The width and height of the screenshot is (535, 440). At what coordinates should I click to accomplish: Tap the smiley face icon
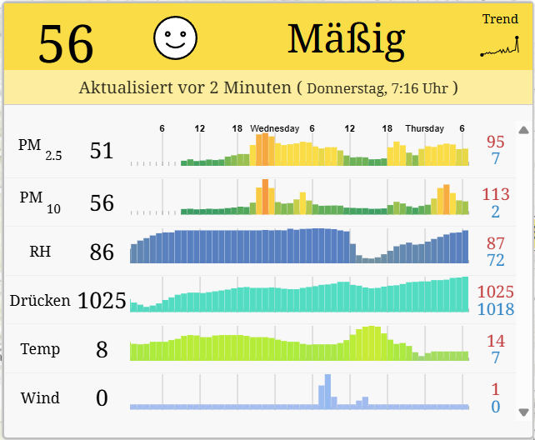pos(175,37)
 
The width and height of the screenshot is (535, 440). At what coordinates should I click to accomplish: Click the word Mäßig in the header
pos(346,37)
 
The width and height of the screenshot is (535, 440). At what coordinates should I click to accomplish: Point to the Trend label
pos(500,19)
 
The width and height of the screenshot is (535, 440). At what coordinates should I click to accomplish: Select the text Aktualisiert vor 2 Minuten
pos(185,87)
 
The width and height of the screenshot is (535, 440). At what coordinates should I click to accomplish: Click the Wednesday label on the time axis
pos(275,128)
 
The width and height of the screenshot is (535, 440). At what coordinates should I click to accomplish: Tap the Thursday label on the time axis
pos(425,128)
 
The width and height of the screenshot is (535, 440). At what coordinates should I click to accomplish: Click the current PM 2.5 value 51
pos(102,151)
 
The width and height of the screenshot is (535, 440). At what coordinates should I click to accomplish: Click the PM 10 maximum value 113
pos(496,194)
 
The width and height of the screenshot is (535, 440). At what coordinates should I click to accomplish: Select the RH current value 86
pos(102,251)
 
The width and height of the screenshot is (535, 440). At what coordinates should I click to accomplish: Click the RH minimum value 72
pos(496,260)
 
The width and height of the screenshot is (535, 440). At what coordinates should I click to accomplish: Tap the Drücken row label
pos(40,300)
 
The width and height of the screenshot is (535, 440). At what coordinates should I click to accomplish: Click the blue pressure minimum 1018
pos(496,309)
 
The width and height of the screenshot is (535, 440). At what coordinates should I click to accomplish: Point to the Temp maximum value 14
pos(496,340)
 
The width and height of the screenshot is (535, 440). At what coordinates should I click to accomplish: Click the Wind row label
pos(40,398)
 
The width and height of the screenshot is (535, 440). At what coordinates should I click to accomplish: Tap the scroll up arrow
pos(523,130)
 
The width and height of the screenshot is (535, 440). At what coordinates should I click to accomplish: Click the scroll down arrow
pos(523,412)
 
